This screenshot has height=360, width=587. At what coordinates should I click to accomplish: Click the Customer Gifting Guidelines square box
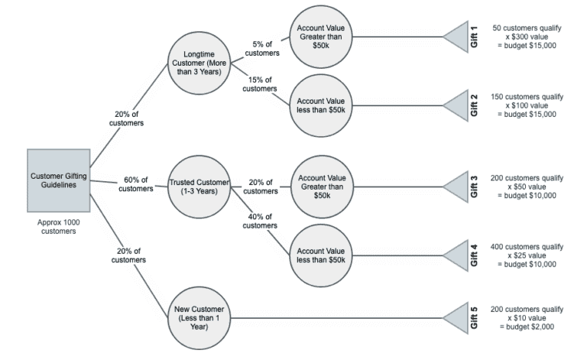[x=59, y=180]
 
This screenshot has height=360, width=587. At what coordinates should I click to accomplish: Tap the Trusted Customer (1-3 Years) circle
[x=199, y=187]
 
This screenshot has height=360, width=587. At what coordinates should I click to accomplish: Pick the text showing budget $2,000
[x=527, y=326]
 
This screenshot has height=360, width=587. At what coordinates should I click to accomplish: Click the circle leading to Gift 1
[x=321, y=36]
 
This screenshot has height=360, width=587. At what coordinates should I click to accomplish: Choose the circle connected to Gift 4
[x=321, y=255]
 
